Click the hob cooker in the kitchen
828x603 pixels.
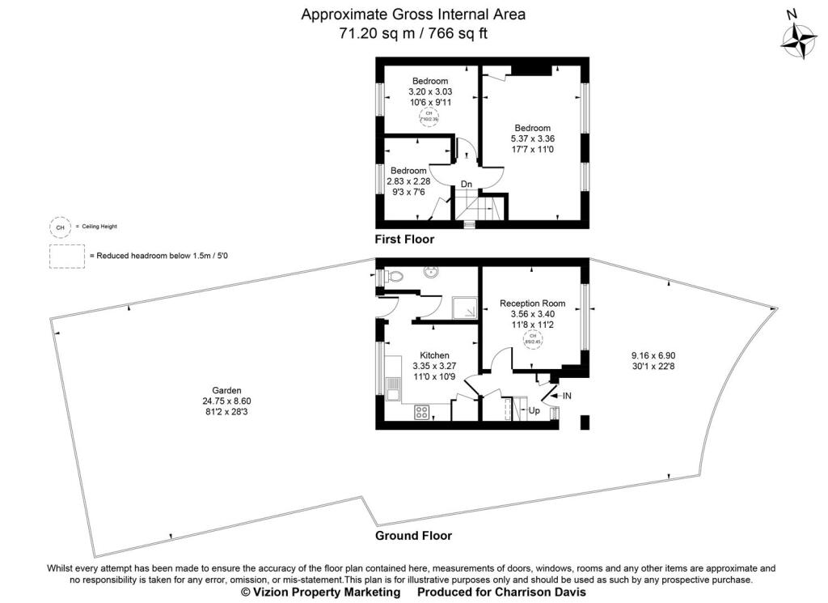click(422, 412)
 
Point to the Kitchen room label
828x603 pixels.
click(434, 355)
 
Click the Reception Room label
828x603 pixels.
click(532, 304)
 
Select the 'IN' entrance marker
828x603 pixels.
click(567, 395)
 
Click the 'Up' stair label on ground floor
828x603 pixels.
click(534, 410)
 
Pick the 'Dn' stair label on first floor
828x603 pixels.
click(467, 185)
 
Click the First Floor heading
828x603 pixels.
click(404, 240)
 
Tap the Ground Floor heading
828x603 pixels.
click(413, 536)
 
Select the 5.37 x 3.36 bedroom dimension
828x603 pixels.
click(534, 138)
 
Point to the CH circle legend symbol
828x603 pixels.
click(59, 227)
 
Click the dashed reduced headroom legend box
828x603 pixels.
click(66, 255)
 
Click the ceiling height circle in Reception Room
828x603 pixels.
click(533, 338)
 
